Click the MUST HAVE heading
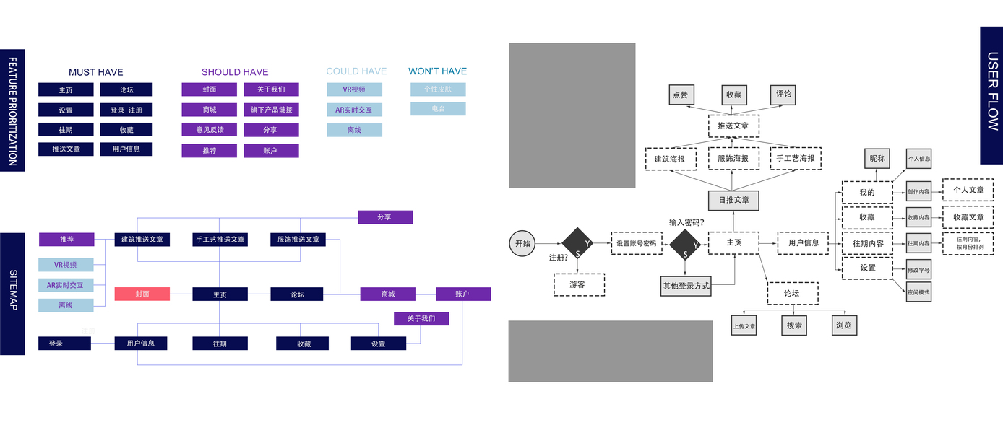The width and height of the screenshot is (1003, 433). pyautogui.click(x=96, y=72)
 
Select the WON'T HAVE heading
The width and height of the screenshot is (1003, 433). pyautogui.click(x=437, y=71)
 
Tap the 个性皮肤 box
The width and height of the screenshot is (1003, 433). pyautogui.click(x=438, y=89)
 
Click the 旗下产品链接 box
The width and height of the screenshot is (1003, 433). pyautogui.click(x=271, y=110)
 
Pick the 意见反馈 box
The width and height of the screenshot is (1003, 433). pyautogui.click(x=210, y=130)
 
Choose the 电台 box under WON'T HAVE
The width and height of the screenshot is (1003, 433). pyautogui.click(x=438, y=109)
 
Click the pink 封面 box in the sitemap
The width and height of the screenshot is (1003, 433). pyautogui.click(x=142, y=294)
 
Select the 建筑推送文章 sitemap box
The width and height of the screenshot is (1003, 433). pyautogui.click(x=142, y=239)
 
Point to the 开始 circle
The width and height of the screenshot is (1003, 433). pyautogui.click(x=522, y=244)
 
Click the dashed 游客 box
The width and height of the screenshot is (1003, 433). pyautogui.click(x=579, y=284)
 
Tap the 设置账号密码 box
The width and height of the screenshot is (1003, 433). pyautogui.click(x=637, y=244)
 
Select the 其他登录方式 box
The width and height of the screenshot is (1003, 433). pyautogui.click(x=686, y=286)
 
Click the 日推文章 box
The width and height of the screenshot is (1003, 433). pyautogui.click(x=733, y=200)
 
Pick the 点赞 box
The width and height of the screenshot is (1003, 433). pyautogui.click(x=680, y=95)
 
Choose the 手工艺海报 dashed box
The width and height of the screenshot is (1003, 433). pyautogui.click(x=796, y=159)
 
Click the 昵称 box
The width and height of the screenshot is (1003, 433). pyautogui.click(x=877, y=159)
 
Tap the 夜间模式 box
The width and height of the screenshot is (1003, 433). pyautogui.click(x=918, y=292)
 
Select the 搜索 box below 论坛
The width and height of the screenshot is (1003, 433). pyautogui.click(x=793, y=325)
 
